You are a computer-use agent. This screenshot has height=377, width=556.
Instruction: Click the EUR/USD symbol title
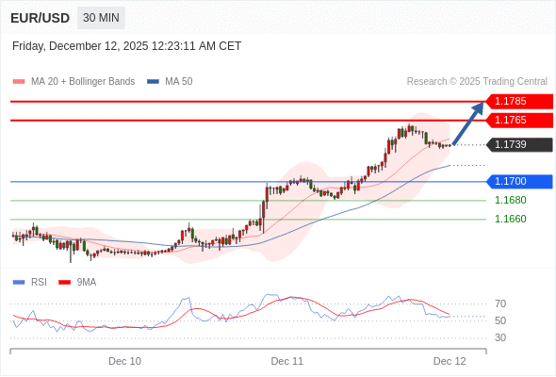(x=40, y=18)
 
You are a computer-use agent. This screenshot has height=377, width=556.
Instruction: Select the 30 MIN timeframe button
(x=100, y=18)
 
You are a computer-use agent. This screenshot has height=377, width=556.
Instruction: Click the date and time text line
(x=126, y=45)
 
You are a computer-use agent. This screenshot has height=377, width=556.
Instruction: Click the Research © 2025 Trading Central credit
(x=477, y=82)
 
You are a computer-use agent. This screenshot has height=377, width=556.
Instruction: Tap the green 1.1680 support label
(x=510, y=200)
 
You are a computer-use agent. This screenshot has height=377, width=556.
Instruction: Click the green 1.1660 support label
(x=510, y=219)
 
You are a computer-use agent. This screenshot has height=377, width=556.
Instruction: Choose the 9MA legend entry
(x=86, y=282)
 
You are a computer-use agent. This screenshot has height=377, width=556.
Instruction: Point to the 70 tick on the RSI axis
(x=500, y=303)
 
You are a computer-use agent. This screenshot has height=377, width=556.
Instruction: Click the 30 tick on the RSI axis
(x=500, y=337)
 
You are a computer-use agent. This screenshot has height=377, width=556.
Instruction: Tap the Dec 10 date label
(x=124, y=361)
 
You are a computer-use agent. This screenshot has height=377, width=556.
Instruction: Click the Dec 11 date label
(x=286, y=361)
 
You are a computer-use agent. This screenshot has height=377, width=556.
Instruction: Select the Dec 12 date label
(x=450, y=361)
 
